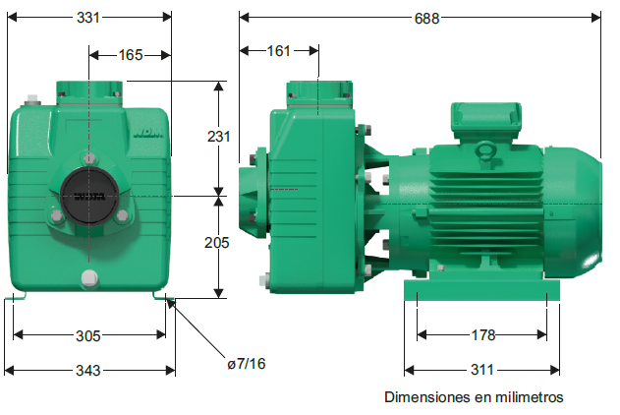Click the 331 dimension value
pos(88,18)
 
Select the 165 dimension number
pos(131,55)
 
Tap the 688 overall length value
pos(426,19)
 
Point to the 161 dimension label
pos(278,51)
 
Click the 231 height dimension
pos(219,137)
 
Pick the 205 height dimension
pos(217,243)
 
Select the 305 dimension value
pos(88,336)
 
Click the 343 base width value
pos(88,371)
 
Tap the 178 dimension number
pos(483,335)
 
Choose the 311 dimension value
pos(482,370)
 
